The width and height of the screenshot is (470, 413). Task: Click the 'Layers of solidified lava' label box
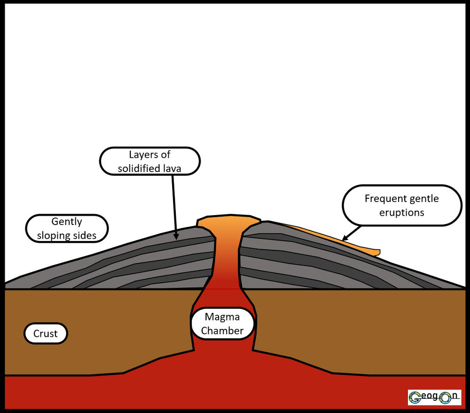point(150,161)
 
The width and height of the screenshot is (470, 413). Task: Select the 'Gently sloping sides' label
point(67,228)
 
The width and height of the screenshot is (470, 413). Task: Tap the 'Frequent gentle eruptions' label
point(402,205)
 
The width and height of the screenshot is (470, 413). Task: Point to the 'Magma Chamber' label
point(222,324)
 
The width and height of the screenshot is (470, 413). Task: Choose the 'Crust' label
point(46,334)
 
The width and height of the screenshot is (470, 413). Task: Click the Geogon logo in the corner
point(434,397)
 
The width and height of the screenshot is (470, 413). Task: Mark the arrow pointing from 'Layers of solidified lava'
point(175,207)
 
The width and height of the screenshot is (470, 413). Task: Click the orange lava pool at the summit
point(228,221)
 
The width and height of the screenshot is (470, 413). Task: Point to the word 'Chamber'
point(222,330)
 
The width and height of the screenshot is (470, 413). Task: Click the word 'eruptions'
point(402,212)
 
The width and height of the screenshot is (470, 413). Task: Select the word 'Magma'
point(222,317)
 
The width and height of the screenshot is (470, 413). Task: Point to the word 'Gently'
point(67,221)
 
